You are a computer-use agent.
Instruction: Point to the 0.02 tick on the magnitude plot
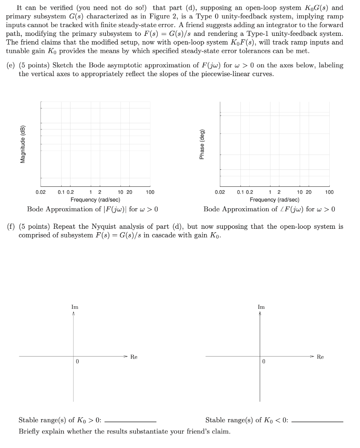click(40, 192)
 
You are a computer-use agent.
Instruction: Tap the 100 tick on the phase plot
click(329, 192)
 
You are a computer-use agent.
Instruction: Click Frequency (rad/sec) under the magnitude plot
click(95, 199)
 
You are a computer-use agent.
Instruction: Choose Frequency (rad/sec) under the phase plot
click(275, 199)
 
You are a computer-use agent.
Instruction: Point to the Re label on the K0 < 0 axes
click(320, 357)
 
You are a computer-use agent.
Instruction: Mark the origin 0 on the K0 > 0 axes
click(77, 362)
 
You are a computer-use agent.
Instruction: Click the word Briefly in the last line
click(30, 431)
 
